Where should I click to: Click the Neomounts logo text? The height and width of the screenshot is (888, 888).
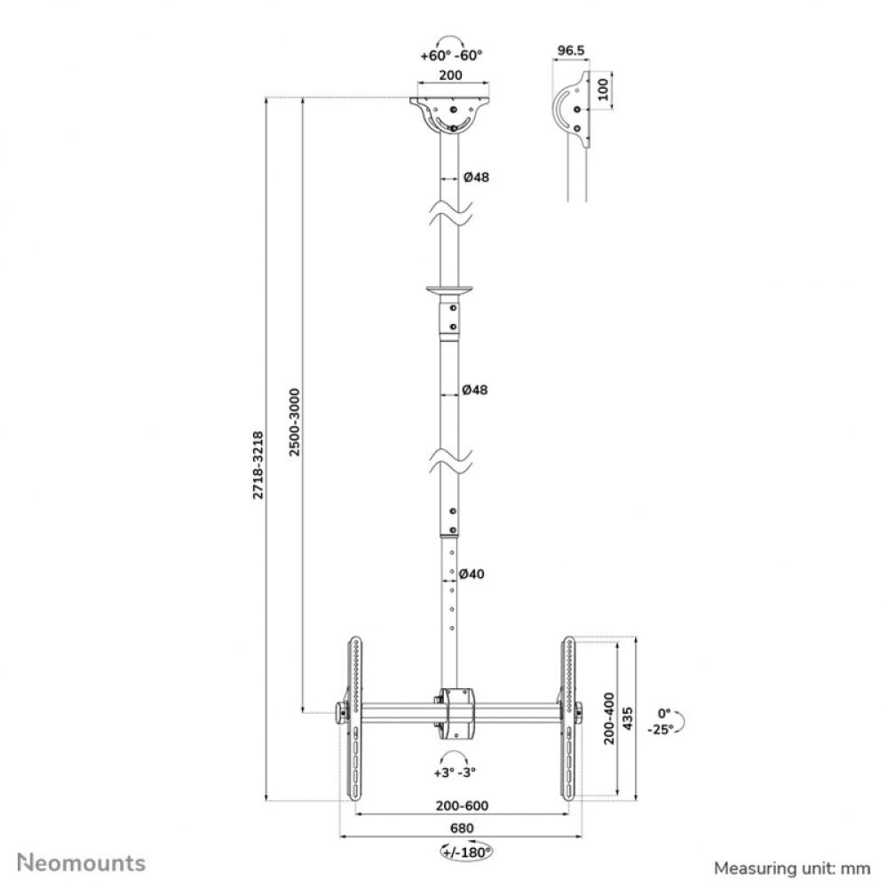[83, 861]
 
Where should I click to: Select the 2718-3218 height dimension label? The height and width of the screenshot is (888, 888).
[258, 464]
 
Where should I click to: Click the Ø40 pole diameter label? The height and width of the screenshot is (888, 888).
[474, 575]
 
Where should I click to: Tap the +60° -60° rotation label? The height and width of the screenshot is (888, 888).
[451, 55]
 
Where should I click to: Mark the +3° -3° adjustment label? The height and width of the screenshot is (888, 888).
[456, 773]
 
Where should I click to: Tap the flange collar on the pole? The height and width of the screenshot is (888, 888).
[451, 290]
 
